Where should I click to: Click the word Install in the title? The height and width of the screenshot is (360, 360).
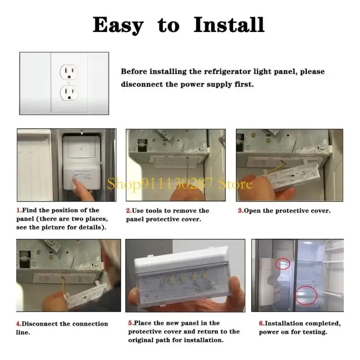(x=229, y=25)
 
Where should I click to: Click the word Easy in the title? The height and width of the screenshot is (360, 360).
(x=118, y=26)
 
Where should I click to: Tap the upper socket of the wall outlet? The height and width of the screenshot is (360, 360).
(x=69, y=72)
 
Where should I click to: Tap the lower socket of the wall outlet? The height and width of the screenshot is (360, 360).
(x=69, y=93)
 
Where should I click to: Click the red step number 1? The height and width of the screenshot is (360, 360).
(x=19, y=210)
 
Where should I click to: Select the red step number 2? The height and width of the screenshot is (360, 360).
(x=129, y=211)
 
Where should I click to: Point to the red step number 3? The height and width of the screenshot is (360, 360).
(x=241, y=211)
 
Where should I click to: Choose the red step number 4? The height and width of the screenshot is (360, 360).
(x=19, y=324)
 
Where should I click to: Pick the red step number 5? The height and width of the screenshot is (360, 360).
(x=131, y=323)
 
